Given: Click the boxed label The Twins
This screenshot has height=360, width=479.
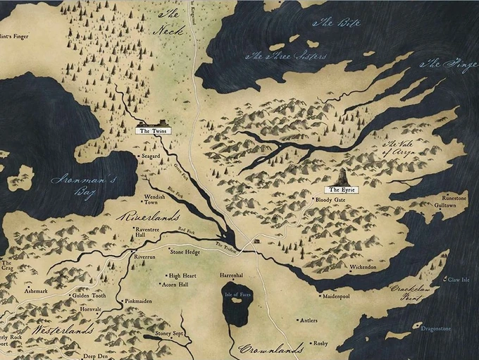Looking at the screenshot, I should click(x=151, y=131).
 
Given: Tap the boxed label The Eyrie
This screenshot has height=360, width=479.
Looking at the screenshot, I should click(x=341, y=190).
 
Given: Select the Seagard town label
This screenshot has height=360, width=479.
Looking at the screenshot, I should click(x=151, y=156).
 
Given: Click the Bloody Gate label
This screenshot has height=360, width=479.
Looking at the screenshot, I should click(x=330, y=200).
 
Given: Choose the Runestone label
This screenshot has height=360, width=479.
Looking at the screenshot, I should click(x=454, y=198).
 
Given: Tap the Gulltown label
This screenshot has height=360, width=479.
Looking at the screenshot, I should click(x=455, y=205).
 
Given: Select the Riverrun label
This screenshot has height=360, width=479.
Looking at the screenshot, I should click(x=144, y=258).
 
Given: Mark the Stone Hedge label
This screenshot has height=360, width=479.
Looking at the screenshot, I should click(x=185, y=251).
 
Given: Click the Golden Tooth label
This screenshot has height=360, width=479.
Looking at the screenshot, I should click(x=89, y=296).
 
